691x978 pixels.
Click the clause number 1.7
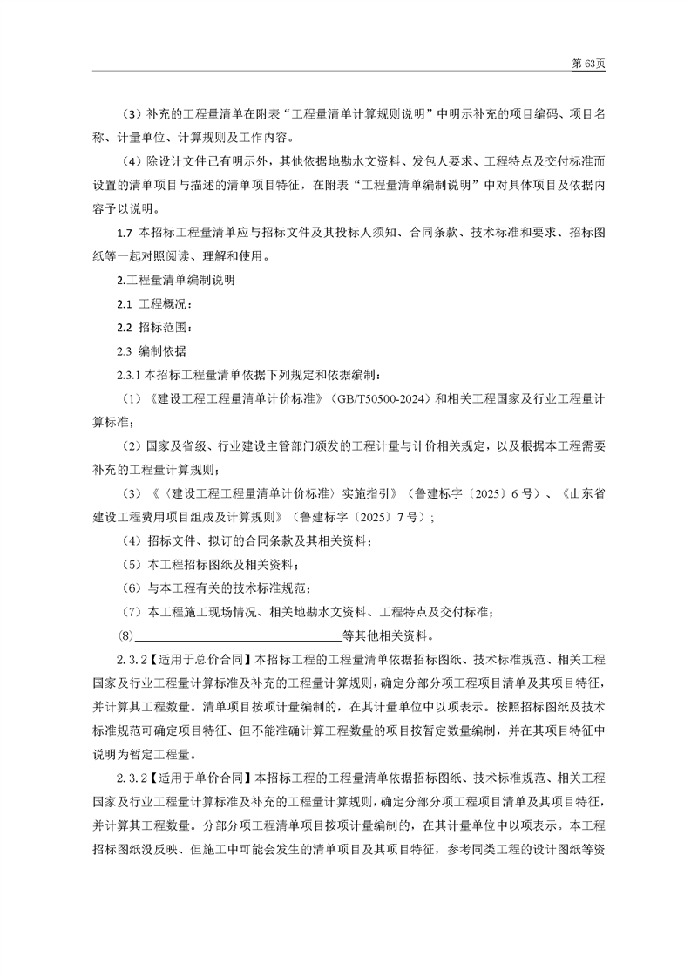124,234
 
